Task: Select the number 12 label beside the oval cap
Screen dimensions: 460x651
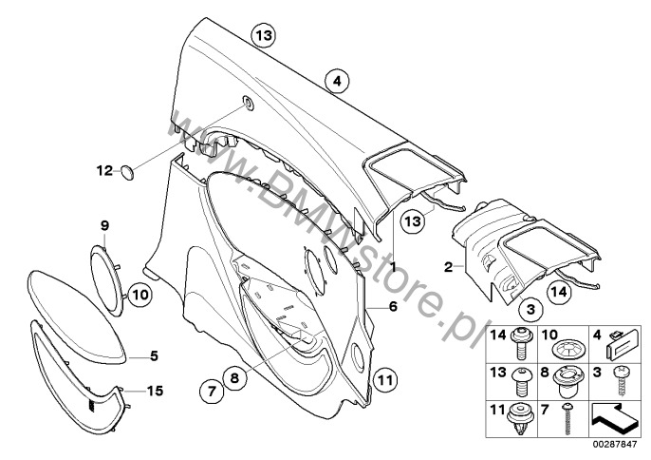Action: (104, 170)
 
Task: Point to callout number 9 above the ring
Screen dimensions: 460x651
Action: (105, 225)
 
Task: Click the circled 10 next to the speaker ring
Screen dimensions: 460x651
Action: (139, 296)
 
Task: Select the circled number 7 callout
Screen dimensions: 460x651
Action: (210, 390)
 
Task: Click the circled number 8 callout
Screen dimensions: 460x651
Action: (236, 378)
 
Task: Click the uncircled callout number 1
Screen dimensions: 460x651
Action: (391, 268)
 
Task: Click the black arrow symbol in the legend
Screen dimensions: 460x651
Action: (614, 416)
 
